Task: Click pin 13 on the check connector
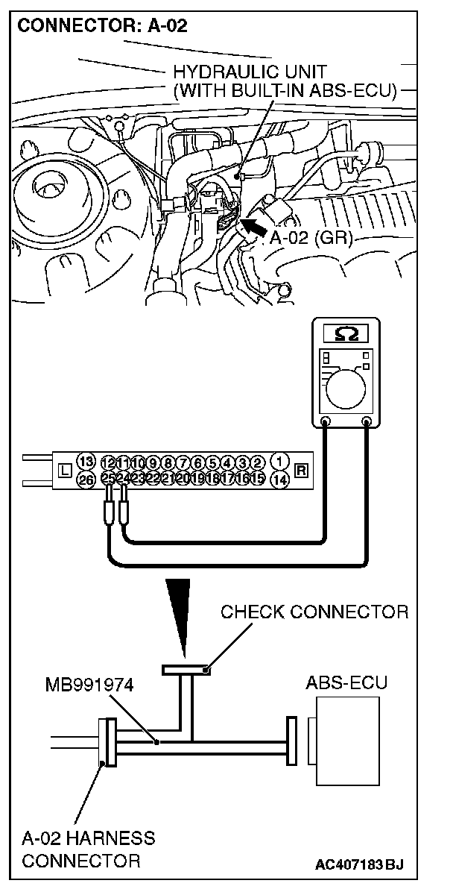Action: (86, 460)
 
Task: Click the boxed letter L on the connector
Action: (63, 470)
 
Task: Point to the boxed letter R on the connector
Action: (302, 470)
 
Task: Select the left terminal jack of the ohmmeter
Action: (326, 424)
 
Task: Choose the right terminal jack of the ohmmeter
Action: (367, 424)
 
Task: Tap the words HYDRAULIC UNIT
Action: (250, 72)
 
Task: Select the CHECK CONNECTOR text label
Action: (314, 613)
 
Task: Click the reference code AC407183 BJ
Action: (359, 865)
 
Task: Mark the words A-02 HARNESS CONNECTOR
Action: (87, 850)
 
